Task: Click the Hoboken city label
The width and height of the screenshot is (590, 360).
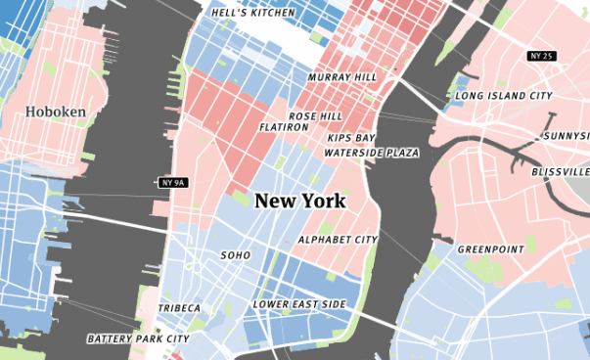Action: (56, 112)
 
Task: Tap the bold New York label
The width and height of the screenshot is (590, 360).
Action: (299, 201)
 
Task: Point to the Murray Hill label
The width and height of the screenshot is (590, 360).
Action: (341, 76)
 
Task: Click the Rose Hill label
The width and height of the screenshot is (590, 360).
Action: (315, 115)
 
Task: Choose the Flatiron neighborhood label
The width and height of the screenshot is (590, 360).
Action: (285, 127)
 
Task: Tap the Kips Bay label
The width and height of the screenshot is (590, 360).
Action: (351, 138)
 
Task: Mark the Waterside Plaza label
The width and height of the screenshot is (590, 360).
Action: (372, 153)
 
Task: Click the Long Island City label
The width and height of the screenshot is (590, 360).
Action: (505, 95)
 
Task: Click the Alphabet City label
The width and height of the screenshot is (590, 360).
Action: (338, 240)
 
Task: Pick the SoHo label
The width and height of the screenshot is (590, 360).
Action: (236, 255)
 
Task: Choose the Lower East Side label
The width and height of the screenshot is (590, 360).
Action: (299, 304)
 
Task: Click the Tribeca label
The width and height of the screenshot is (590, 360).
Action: (180, 309)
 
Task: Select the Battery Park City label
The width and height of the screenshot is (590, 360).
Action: (138, 339)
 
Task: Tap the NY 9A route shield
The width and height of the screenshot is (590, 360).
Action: (172, 182)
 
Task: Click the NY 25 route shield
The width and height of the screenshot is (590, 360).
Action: (540, 56)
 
